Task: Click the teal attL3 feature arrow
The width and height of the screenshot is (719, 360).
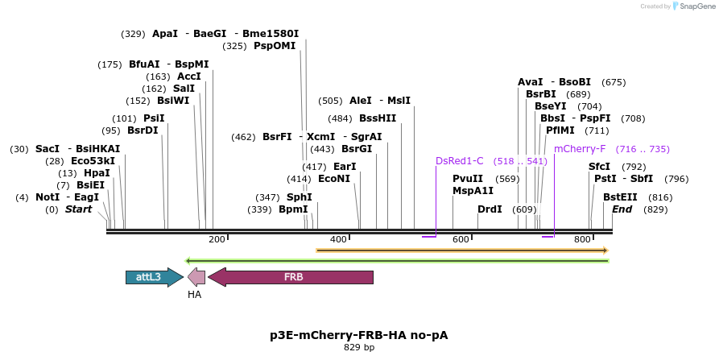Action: point(153,277)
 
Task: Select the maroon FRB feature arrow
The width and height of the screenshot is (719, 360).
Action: point(291,277)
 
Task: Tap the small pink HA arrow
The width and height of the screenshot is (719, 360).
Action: point(196,277)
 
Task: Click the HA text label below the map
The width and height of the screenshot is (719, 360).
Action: point(194,295)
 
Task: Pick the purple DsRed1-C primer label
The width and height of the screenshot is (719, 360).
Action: point(459,160)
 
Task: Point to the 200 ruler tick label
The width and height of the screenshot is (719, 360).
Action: point(217,239)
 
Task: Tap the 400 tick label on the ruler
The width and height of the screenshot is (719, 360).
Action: point(338,239)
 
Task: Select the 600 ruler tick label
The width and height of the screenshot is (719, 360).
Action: point(461,239)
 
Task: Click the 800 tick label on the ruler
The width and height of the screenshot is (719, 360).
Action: point(582,239)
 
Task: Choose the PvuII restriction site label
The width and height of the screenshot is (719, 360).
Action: point(468,179)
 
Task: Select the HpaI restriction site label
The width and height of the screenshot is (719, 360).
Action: point(97,173)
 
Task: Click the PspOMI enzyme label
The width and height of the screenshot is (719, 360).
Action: point(275,46)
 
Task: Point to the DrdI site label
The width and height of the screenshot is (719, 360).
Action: point(490,209)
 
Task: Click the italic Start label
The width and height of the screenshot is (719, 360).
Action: point(79,209)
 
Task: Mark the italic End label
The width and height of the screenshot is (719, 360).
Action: point(622,209)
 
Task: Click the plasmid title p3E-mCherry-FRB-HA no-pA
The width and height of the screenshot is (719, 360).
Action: point(358,334)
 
